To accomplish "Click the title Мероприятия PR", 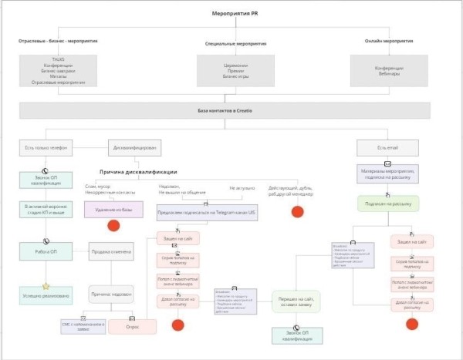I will click(x=235, y=14).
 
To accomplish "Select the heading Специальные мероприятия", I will click(x=235, y=44).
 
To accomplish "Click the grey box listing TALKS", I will click(x=58, y=70).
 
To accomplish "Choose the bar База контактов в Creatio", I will click(x=235, y=111).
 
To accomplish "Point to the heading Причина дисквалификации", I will click(x=138, y=171).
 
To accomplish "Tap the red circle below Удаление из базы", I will click(x=113, y=227).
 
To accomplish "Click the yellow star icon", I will click(x=46, y=286).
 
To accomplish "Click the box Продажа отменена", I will click(x=112, y=251).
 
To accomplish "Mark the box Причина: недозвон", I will click(x=111, y=294).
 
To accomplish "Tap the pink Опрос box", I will click(x=132, y=326).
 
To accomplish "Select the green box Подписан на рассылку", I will click(x=388, y=204).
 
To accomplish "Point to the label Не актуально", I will click(x=242, y=187).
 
